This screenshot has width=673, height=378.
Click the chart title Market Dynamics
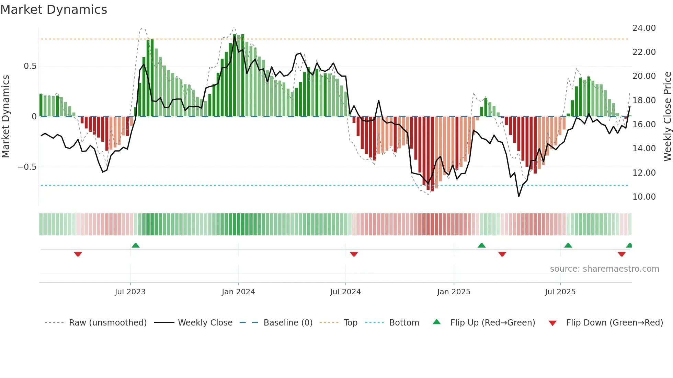[x=54, y=10]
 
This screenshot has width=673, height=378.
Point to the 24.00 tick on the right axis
[x=644, y=28]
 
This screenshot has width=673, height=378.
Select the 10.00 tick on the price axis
[x=644, y=197]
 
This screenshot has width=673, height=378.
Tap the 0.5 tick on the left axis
[x=30, y=66]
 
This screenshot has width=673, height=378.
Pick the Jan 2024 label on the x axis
[x=238, y=292]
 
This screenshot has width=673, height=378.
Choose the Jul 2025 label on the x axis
[x=560, y=292]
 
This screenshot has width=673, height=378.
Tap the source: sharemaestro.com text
[x=604, y=269]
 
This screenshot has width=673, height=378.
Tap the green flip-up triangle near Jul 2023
[x=136, y=245]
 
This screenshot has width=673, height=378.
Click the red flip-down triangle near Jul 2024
[x=354, y=254]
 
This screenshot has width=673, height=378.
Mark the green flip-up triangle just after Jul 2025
[x=568, y=245]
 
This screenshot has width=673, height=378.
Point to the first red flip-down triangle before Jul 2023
[x=78, y=254]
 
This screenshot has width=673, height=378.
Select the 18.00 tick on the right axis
[x=644, y=101]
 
